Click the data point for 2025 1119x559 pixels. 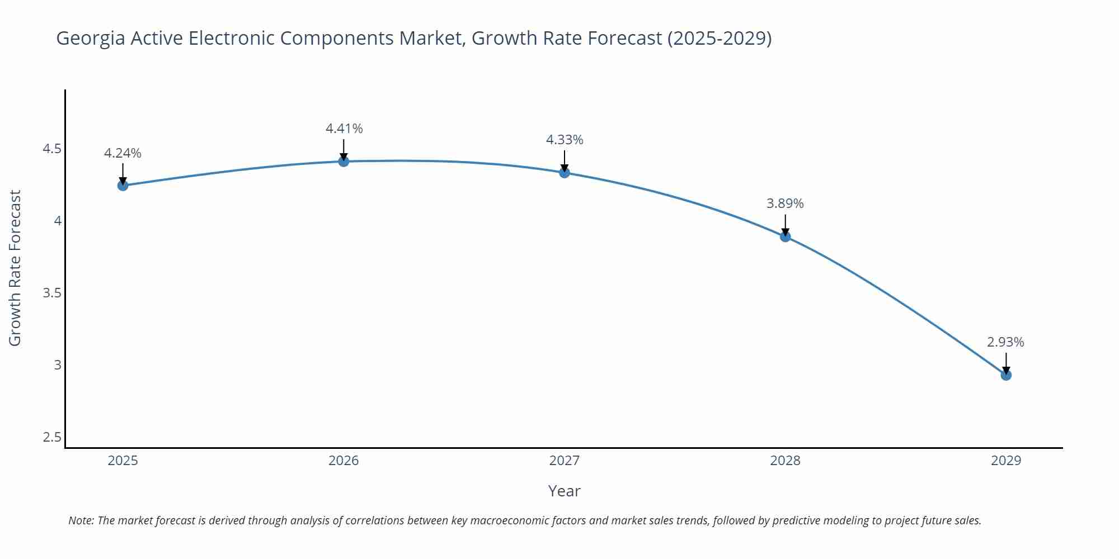123,186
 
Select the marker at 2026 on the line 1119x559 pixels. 344,162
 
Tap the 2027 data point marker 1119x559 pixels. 565,173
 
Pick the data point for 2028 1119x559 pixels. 785,236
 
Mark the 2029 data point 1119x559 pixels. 1006,375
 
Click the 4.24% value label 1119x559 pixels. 123,153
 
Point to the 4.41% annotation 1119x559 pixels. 344,129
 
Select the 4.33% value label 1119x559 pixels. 565,140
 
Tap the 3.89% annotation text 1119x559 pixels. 785,203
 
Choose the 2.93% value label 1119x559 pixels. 1005,342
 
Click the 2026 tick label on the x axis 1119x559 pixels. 344,461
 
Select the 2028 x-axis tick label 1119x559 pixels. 785,461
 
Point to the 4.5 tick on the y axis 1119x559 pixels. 52,149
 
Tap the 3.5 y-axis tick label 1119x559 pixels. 52,293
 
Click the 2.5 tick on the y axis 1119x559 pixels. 52,437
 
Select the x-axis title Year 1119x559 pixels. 564,491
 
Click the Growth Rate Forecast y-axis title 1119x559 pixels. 15,268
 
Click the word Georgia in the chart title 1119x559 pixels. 91,39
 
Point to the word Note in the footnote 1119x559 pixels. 81,520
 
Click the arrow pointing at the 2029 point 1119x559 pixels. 1006,363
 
